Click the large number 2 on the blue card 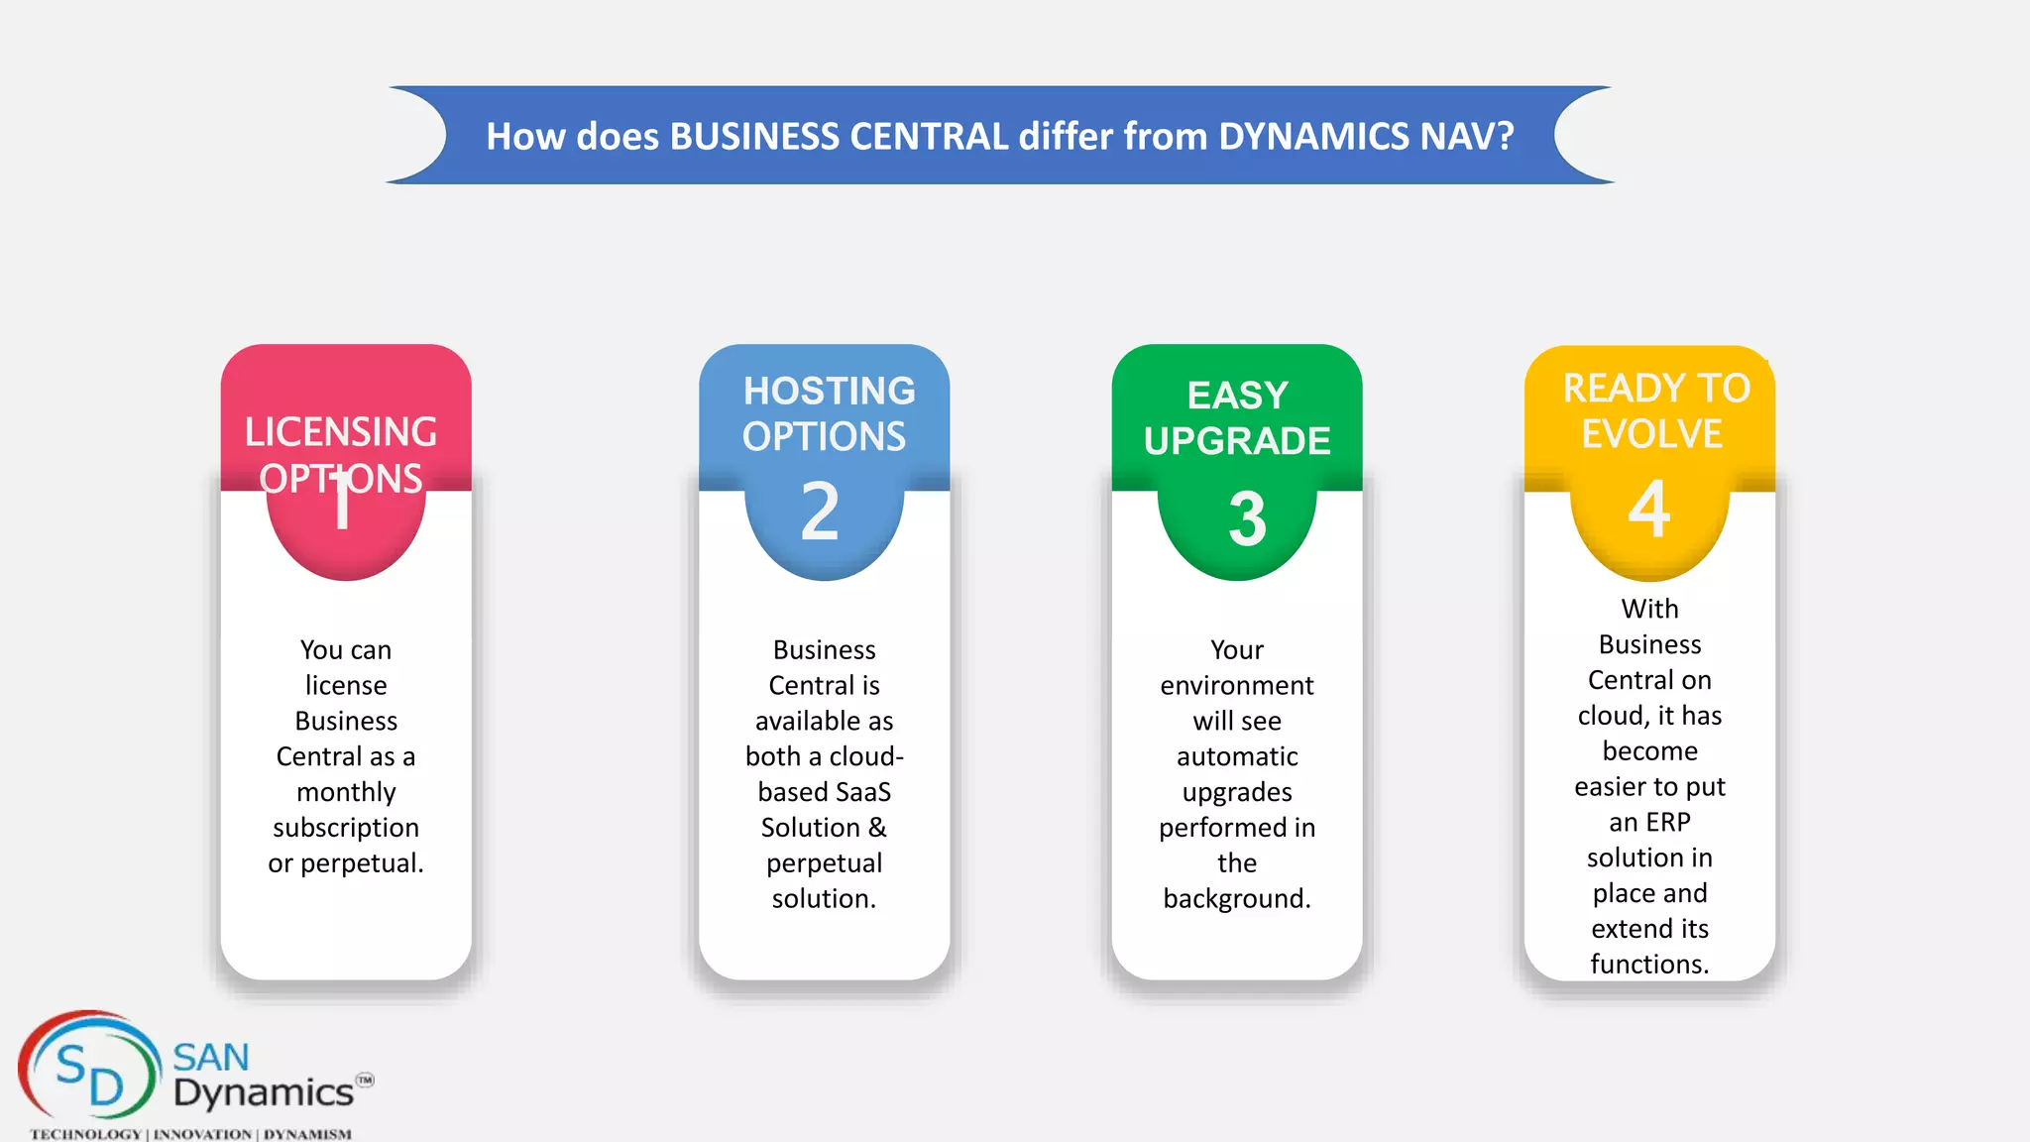coord(821,512)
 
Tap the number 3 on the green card coord(1247,518)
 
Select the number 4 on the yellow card coord(1649,510)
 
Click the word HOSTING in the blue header coord(829,391)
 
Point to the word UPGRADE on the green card coord(1237,441)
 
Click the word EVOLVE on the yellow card coord(1651,434)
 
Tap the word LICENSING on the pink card coord(341,432)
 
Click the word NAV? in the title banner coord(1466,136)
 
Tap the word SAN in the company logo coord(211,1058)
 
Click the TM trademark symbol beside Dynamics coord(365,1080)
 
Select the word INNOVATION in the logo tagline coord(202,1134)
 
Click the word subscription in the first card coord(346,828)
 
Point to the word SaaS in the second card coord(864,792)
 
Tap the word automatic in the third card coord(1237,756)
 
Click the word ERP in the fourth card coord(1669,822)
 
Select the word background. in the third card coord(1237,899)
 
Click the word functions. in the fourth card coord(1649,964)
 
